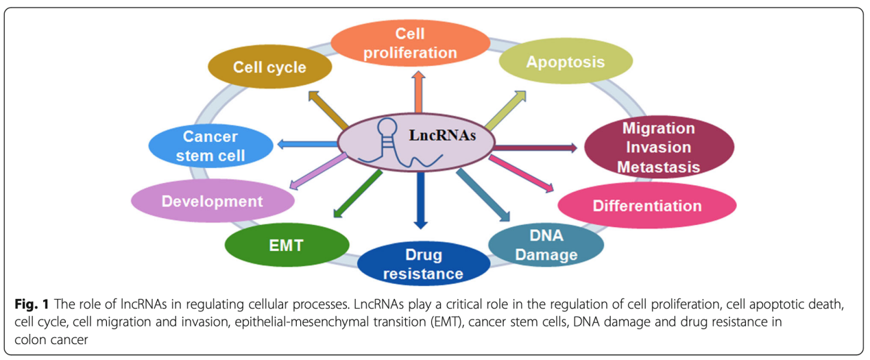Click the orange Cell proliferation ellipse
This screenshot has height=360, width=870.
tap(410, 43)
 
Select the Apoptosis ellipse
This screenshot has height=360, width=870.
tap(565, 62)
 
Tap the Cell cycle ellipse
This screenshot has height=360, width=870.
tap(269, 68)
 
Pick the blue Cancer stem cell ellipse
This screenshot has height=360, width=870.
tap(210, 146)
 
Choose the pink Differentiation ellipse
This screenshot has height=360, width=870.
tap(647, 206)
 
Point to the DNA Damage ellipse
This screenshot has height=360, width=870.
tap(546, 245)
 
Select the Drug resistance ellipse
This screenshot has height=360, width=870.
tap(422, 265)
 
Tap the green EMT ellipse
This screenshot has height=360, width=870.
tap(287, 245)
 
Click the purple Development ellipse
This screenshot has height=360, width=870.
tap(212, 201)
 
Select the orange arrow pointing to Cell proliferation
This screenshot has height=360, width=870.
tap(417, 93)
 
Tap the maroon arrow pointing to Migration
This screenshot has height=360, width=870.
tap(535, 147)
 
